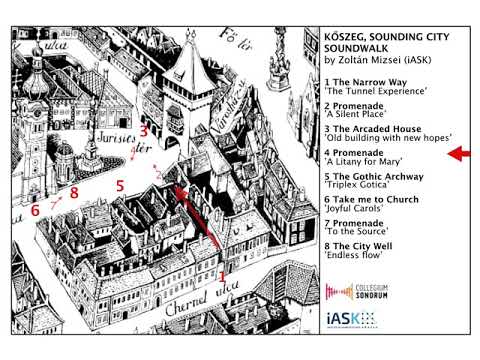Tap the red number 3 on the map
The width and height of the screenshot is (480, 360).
tap(144, 129)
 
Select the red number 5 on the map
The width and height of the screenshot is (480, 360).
tap(119, 185)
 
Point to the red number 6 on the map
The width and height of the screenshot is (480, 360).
tap(35, 211)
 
